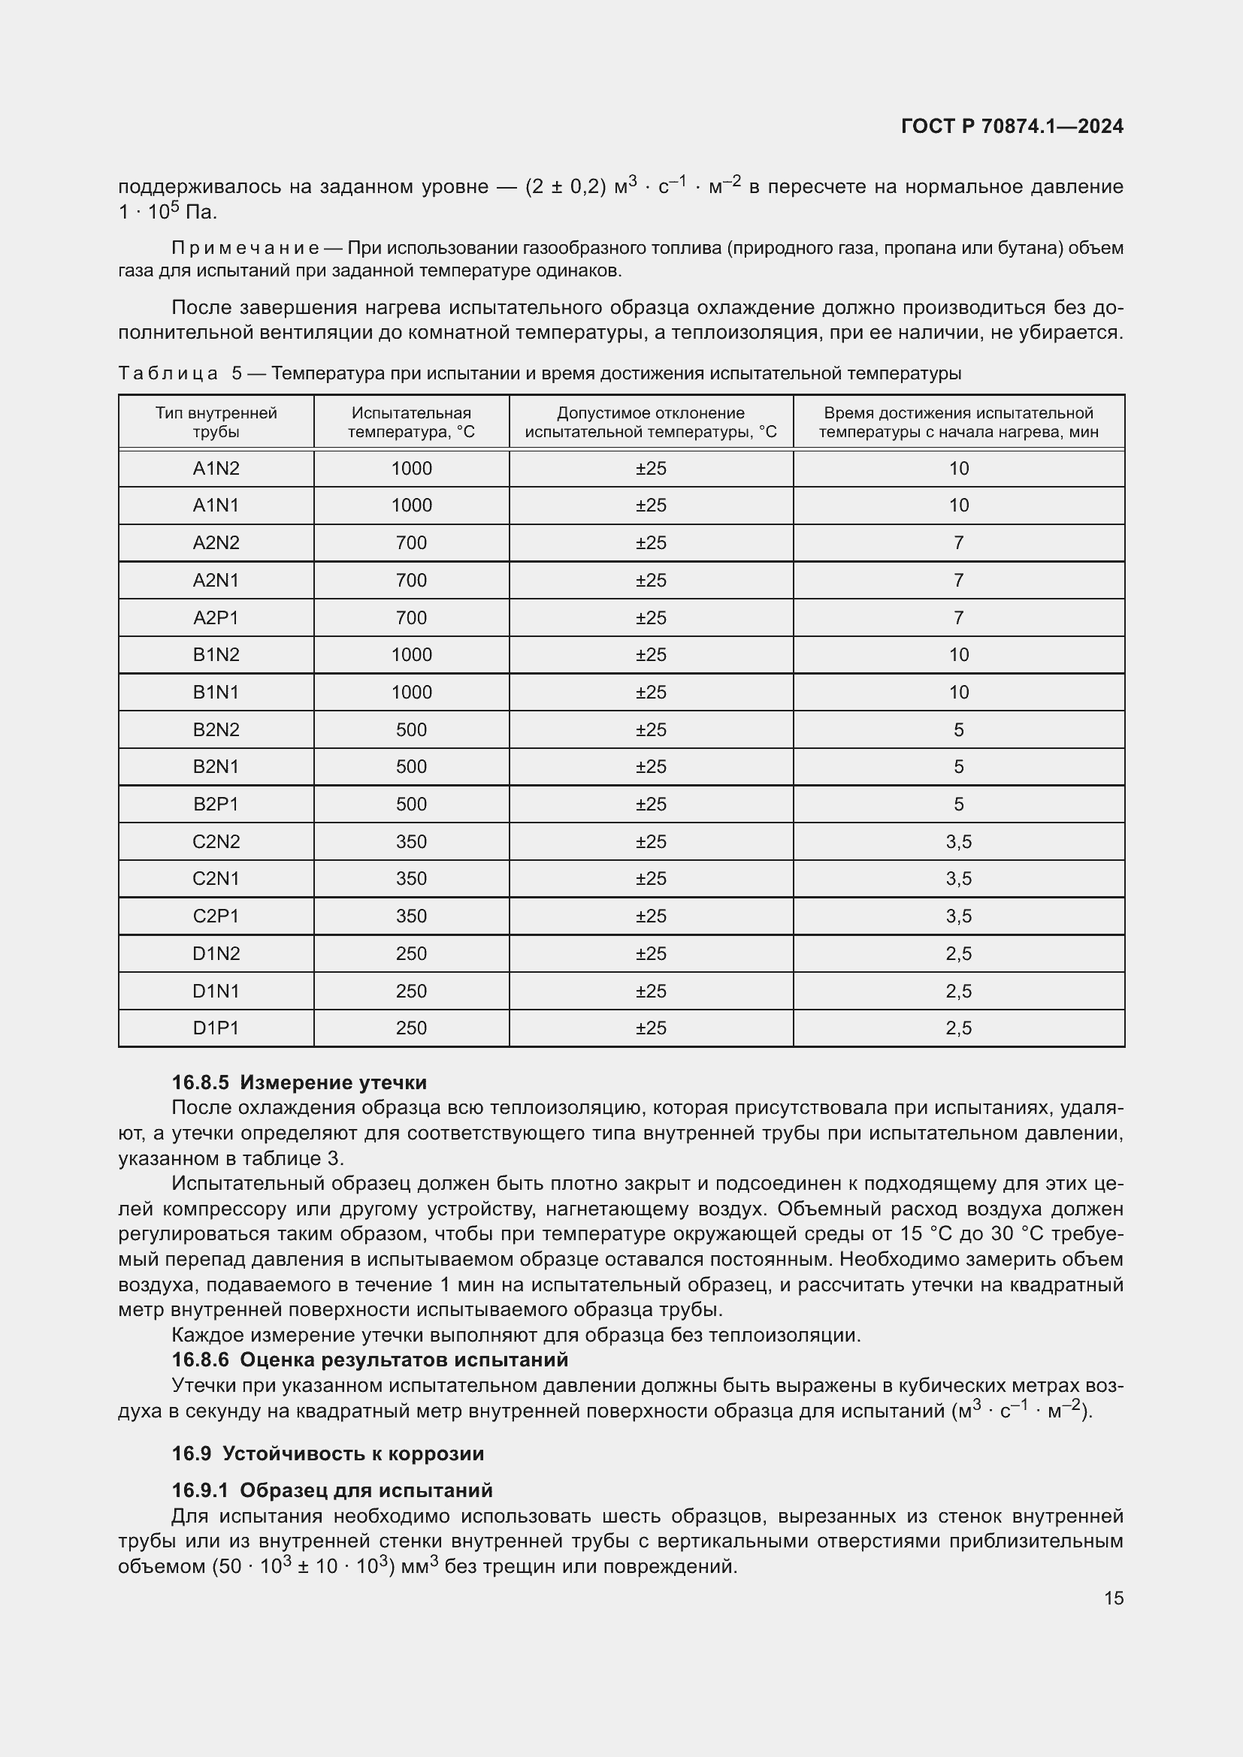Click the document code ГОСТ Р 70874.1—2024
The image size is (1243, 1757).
(1011, 126)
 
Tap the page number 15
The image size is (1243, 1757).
(1114, 1598)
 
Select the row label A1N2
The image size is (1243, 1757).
(216, 468)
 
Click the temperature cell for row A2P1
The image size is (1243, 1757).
(411, 617)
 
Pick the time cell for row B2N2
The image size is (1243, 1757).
(958, 730)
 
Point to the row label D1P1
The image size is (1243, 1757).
(216, 1028)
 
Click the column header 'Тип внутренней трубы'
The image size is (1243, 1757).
(216, 422)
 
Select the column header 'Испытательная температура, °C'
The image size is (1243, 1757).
(411, 422)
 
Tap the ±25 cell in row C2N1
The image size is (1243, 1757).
(651, 879)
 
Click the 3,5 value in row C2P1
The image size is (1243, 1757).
(958, 916)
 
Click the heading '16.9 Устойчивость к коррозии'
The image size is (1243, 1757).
(328, 1454)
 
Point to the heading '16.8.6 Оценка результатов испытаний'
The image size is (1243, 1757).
(370, 1360)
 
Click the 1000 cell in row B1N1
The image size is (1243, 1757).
(411, 693)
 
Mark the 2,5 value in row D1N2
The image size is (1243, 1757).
(958, 953)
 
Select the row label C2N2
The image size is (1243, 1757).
(216, 842)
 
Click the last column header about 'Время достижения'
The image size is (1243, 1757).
(958, 422)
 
